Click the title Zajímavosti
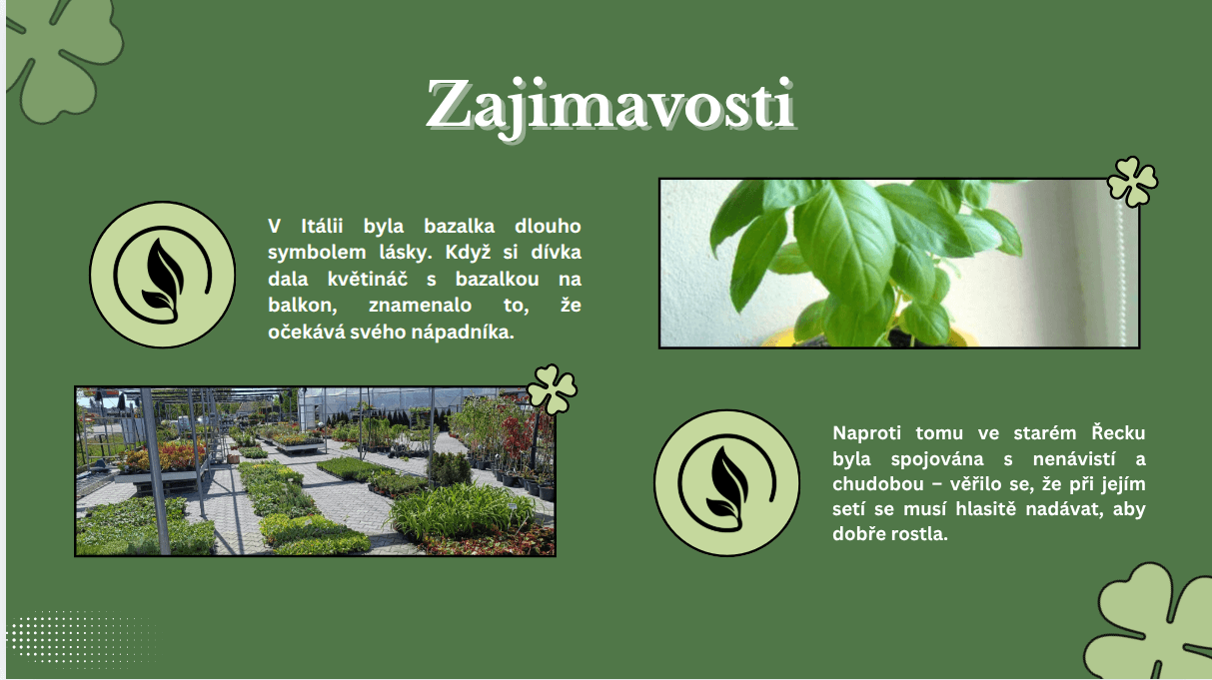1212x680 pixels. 610,107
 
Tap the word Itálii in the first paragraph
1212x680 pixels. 322,226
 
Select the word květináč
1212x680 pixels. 368,279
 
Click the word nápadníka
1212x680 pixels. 463,332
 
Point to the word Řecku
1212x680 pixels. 1118,432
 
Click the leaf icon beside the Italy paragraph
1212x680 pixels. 162,275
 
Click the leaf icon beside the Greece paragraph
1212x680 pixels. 726,482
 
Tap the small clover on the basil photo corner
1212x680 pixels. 1132,182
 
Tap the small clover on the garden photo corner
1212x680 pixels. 552,389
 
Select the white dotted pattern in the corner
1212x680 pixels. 81,637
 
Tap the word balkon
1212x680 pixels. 303,306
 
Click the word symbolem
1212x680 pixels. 317,253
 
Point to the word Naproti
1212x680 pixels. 867,433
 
